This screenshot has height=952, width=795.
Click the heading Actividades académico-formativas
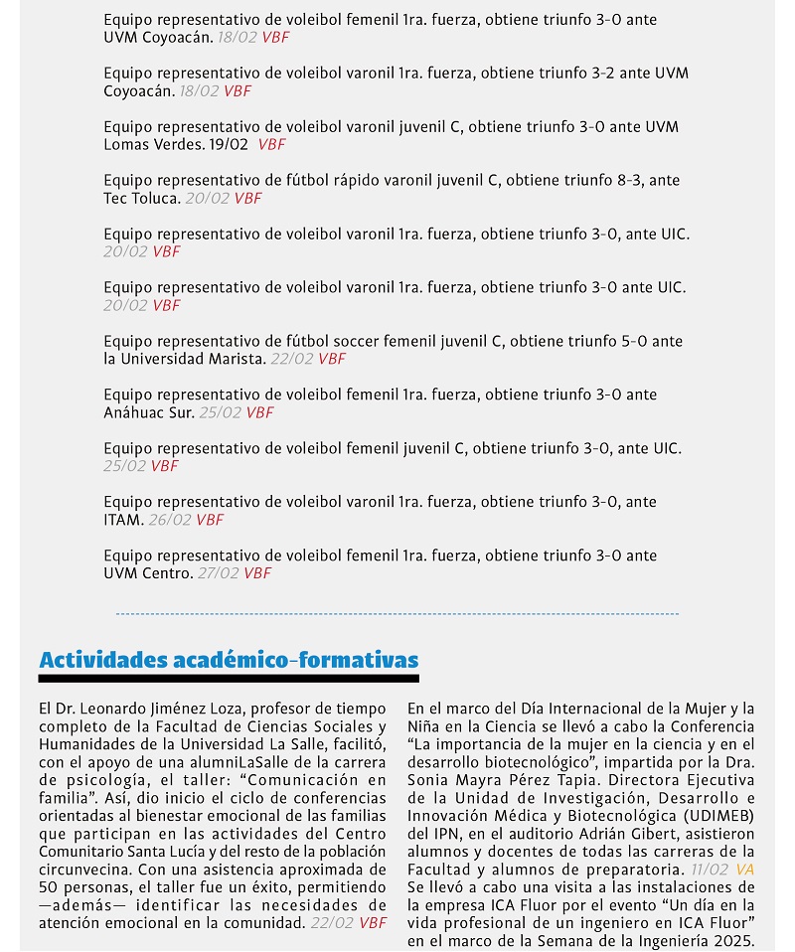229,661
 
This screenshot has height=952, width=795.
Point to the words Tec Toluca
142,199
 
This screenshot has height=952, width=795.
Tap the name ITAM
123,521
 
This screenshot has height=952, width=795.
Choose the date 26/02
170,521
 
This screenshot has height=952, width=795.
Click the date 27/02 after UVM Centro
219,574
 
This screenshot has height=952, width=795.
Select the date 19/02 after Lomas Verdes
229,145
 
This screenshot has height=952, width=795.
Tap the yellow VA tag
745,870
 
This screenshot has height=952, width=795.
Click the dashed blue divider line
397,615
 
